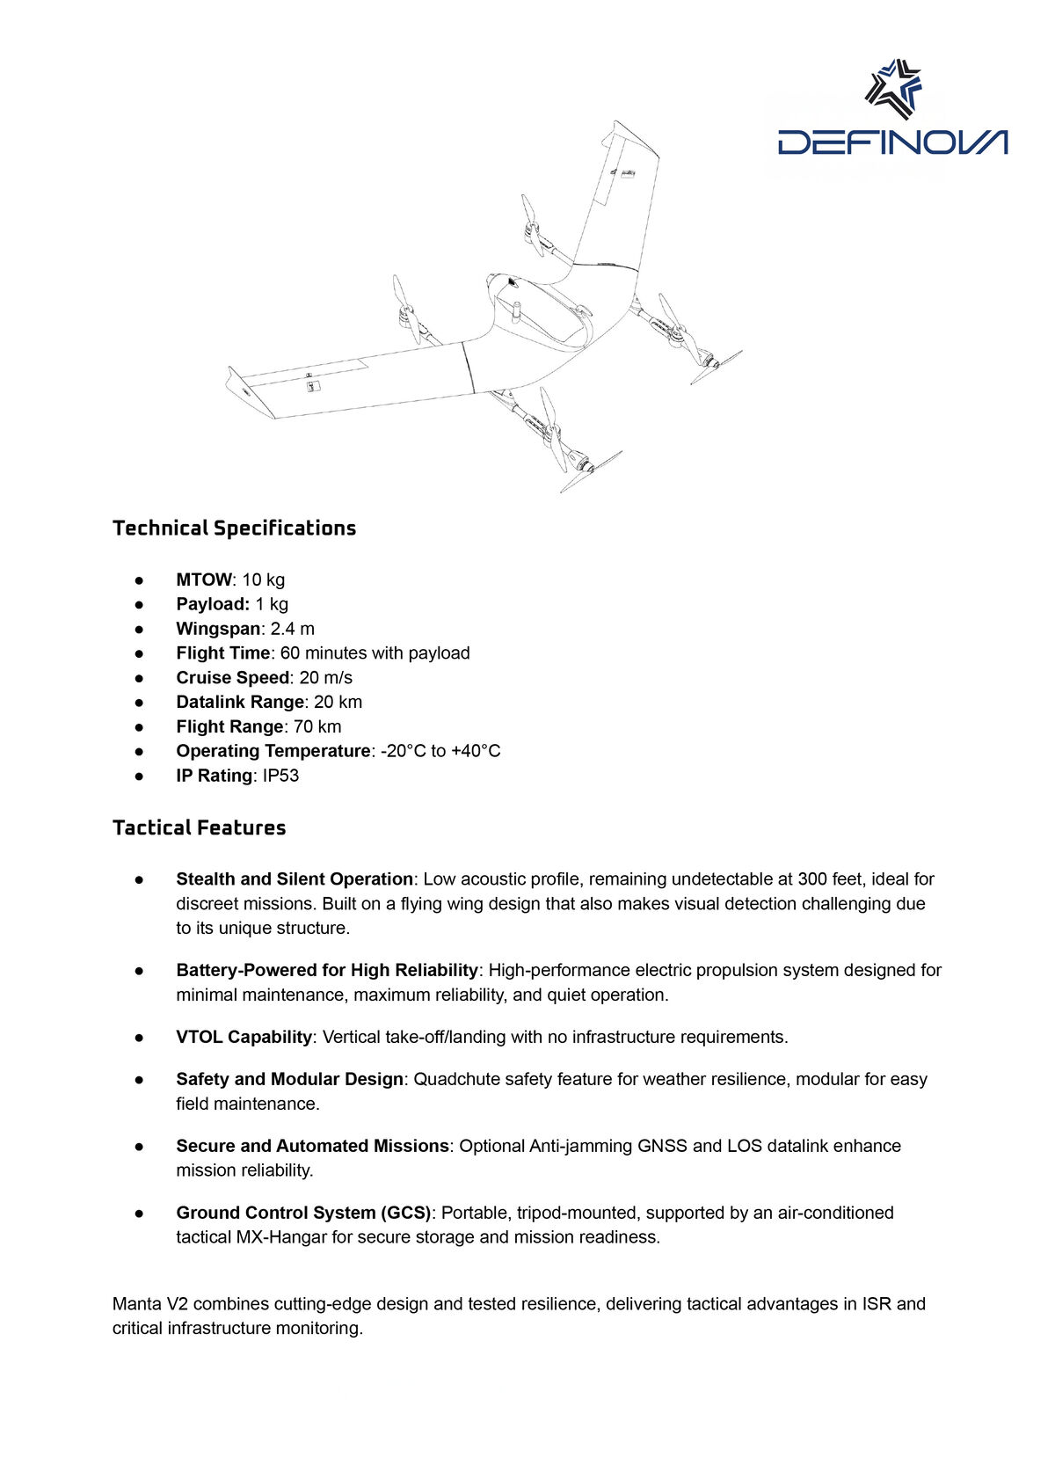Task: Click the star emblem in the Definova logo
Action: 893,88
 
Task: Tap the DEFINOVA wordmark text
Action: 892,142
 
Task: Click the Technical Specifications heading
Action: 234,529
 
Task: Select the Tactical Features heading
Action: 199,828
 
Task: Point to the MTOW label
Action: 203,580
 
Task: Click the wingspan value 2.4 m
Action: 293,630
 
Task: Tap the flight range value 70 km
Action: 317,727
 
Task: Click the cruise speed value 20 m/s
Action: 325,678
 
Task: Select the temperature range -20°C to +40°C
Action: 440,752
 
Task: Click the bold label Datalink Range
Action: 240,703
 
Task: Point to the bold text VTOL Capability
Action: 244,1038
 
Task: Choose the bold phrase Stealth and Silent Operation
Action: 295,879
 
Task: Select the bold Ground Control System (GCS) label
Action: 303,1214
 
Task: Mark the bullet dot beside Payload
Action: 139,605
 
